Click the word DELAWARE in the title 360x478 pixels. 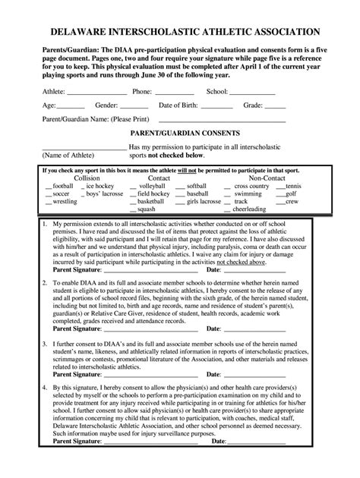[x=79, y=33]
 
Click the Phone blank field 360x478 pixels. [x=178, y=92]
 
